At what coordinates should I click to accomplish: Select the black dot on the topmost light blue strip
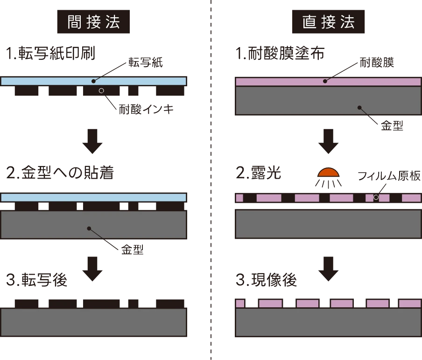point(93,81)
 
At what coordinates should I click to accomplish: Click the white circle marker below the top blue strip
point(101,90)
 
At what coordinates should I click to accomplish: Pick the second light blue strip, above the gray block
point(93,197)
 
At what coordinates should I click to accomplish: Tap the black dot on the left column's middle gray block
point(89,228)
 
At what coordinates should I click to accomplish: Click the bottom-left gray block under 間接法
point(93,322)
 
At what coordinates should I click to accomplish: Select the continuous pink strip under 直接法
point(328,82)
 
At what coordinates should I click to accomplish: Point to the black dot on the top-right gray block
point(359,108)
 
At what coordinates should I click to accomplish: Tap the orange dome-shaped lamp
point(328,172)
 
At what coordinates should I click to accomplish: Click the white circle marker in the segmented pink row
point(376,197)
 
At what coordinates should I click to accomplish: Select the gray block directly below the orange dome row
point(328,224)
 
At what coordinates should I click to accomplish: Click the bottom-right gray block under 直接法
point(328,323)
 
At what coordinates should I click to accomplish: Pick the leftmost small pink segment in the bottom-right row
point(239,304)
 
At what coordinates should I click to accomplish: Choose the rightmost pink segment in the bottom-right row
point(409,304)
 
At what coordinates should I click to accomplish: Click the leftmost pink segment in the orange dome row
point(239,198)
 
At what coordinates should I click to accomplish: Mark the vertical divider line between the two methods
point(211,140)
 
